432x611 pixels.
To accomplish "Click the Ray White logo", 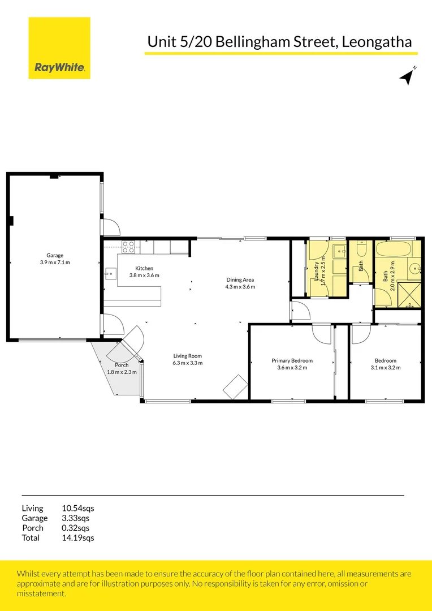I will pyautogui.click(x=59, y=48).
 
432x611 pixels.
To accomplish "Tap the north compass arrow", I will pyautogui.click(x=406, y=78).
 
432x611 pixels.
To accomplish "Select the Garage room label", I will pyautogui.click(x=55, y=255).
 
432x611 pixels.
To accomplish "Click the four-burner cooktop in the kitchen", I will pyautogui.click(x=128, y=246).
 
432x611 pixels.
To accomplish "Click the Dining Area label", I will pyautogui.click(x=240, y=279).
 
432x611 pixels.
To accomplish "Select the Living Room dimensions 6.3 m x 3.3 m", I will pyautogui.click(x=188, y=363).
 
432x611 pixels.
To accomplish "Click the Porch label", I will pyautogui.click(x=122, y=365).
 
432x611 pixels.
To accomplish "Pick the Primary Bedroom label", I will pyautogui.click(x=292, y=360).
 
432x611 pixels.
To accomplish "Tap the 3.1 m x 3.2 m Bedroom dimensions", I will pyautogui.click(x=386, y=368).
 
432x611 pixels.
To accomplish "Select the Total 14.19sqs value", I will pyautogui.click(x=77, y=537).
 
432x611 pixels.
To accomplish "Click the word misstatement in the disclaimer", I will pyautogui.click(x=41, y=593).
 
